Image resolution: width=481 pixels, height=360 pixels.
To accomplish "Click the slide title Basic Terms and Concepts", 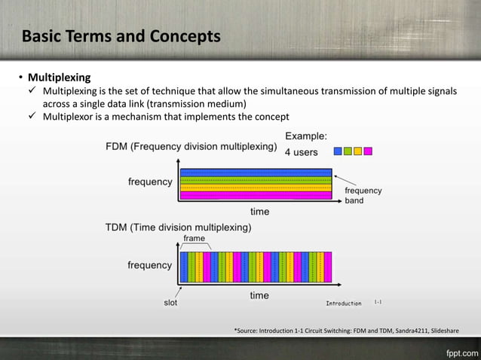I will [121, 36].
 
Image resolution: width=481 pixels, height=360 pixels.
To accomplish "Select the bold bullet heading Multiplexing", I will [59, 78].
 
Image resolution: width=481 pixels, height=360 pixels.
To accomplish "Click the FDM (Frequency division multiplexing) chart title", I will [191, 147].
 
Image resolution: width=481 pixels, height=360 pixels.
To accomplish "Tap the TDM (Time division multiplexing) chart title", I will [178, 226].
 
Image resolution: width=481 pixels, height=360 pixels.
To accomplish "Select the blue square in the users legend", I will [338, 151].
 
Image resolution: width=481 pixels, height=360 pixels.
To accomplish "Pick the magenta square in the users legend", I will [368, 151].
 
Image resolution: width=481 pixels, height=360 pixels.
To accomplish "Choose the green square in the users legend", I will [348, 151].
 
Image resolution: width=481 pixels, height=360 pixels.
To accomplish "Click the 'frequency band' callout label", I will [363, 196].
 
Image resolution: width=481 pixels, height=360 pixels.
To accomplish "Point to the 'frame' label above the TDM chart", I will [195, 237].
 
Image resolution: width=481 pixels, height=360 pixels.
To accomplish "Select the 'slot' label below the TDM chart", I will [171, 303].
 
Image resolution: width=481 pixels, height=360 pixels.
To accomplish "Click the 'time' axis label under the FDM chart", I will [259, 212].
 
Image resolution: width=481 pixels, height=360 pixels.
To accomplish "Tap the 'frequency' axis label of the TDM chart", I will [149, 265].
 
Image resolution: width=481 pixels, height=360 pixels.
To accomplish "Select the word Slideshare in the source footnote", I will [439, 330].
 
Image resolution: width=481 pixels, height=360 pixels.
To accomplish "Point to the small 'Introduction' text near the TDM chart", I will [343, 304].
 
